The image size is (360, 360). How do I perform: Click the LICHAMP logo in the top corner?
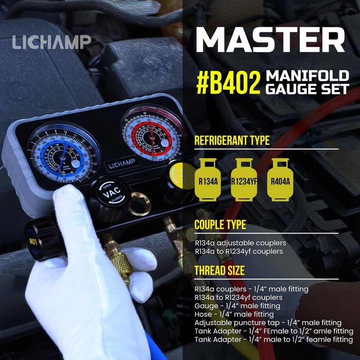pyautogui.click(x=51, y=42)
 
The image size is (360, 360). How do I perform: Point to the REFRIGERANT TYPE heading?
pyautogui.click(x=232, y=140)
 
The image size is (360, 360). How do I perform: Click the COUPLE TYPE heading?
pyautogui.click(x=220, y=225)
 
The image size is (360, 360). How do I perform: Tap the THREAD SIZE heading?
pyautogui.click(x=220, y=270)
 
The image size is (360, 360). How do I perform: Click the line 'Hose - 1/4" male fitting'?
pyautogui.click(x=234, y=314)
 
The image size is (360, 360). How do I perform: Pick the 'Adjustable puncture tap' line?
pyautogui.click(x=268, y=323)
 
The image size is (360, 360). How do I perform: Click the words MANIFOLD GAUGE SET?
pyautogui.click(x=307, y=82)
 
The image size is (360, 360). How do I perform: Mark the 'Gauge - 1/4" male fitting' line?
pyautogui.click(x=237, y=306)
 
